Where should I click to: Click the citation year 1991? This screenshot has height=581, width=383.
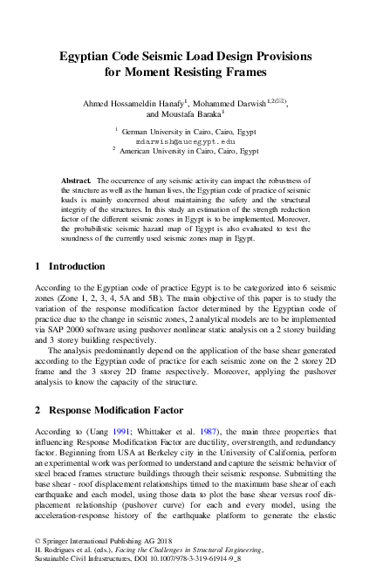[128, 431]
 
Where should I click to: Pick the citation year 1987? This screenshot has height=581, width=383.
[215, 431]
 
